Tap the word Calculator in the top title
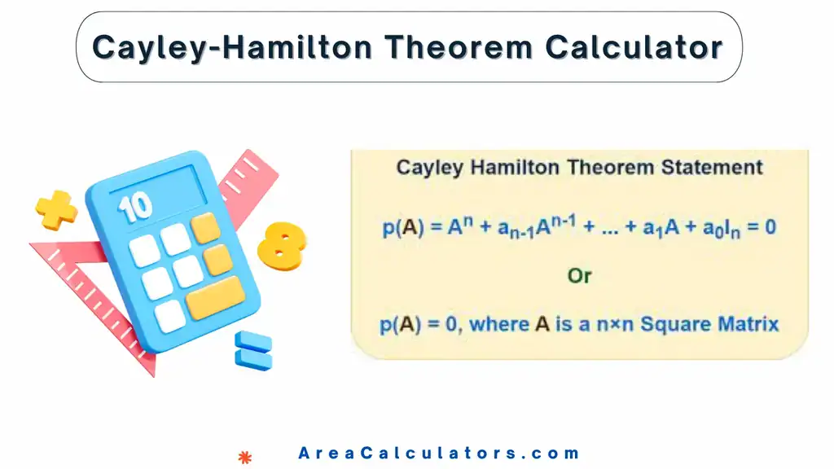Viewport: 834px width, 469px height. (x=634, y=47)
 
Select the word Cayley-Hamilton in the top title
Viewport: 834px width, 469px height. (x=234, y=47)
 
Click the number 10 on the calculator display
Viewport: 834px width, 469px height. (x=135, y=206)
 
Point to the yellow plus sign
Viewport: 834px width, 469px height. (x=56, y=209)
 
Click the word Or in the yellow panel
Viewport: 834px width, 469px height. (x=579, y=276)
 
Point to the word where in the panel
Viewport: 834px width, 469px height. (x=499, y=324)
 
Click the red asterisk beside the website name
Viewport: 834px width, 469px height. (x=243, y=457)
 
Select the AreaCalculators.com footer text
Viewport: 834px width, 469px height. (x=438, y=454)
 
